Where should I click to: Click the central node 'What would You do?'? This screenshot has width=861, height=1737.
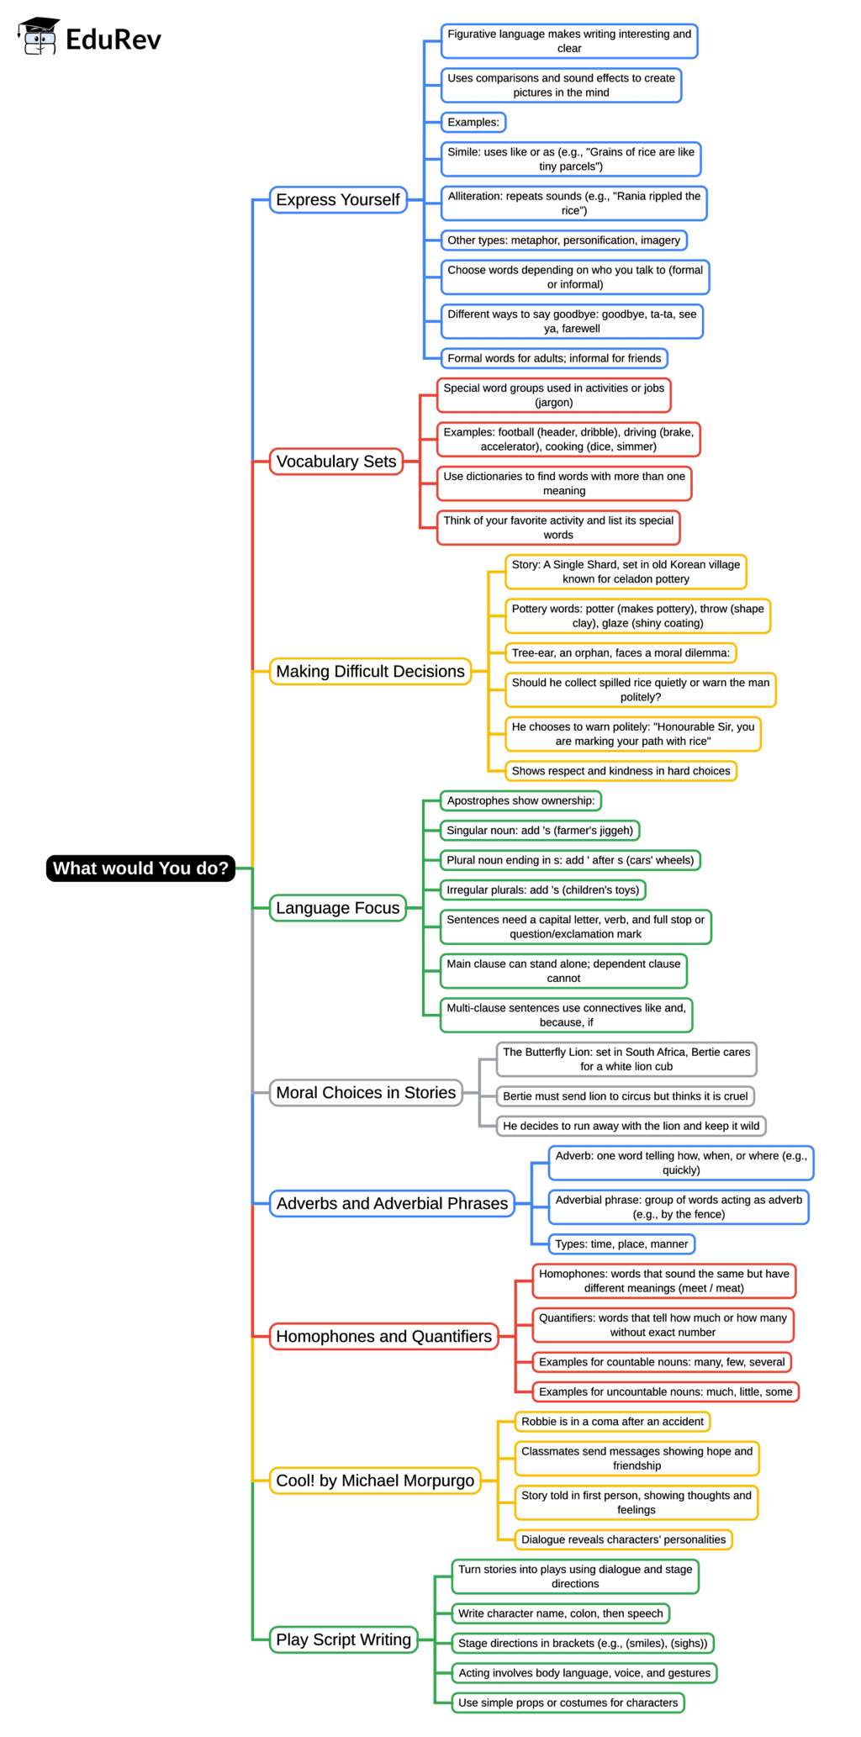click(x=140, y=868)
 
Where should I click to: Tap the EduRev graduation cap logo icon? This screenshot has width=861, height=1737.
click(x=39, y=36)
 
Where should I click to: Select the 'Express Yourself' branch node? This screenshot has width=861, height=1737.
click(x=338, y=200)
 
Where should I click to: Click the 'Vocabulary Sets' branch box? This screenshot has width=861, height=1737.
click(x=336, y=462)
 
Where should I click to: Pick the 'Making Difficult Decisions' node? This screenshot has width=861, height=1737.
click(x=370, y=672)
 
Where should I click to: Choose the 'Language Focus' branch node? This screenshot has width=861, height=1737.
click(x=338, y=908)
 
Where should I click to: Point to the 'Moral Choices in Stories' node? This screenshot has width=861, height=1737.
click(x=366, y=1093)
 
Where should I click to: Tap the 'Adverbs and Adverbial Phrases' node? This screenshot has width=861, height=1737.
click(x=392, y=1204)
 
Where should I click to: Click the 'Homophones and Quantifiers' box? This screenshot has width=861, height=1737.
click(x=383, y=1337)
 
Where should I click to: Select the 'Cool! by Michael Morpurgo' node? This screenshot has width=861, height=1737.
click(x=375, y=1481)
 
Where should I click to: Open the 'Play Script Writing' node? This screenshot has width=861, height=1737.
click(x=343, y=1639)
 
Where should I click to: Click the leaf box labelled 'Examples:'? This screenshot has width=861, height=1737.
click(x=473, y=123)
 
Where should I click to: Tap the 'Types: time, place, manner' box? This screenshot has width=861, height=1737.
click(x=621, y=1244)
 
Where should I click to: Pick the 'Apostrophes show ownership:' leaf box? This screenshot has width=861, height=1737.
click(x=520, y=801)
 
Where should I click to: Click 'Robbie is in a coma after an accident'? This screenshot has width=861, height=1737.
click(x=612, y=1422)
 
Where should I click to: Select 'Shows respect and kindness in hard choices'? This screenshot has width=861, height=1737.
click(x=621, y=771)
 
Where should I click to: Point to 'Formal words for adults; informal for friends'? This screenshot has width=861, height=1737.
click(x=554, y=359)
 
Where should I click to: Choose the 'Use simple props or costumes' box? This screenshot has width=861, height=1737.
click(x=568, y=1703)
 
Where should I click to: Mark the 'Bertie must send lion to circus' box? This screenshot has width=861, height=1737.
click(x=625, y=1096)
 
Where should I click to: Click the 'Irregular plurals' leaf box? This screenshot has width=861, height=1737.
click(x=542, y=890)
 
